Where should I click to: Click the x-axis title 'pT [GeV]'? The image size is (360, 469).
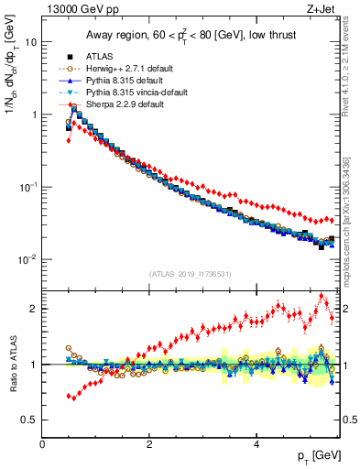coord(319,456)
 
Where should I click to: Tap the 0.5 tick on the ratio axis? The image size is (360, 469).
coord(29,420)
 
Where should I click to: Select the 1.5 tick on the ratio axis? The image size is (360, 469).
coord(29,336)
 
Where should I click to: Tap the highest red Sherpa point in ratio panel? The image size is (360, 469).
coord(322,296)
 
